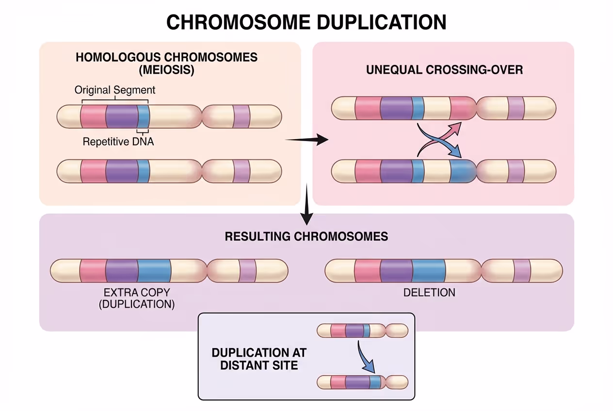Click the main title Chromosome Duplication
tap(306, 23)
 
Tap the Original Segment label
tap(115, 90)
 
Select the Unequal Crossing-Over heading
tap(444, 70)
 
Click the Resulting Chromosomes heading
tap(306, 237)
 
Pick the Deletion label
tap(429, 292)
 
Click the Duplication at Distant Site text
tap(259, 358)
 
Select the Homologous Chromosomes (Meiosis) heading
tap(166, 63)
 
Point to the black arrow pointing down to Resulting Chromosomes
tap(306, 206)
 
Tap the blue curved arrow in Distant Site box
tap(367, 359)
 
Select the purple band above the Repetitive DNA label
tap(121, 116)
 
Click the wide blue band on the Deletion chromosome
tap(429, 270)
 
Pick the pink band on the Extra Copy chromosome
tap(93, 270)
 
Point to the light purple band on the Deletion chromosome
tap(522, 270)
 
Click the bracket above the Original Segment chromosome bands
tap(115, 101)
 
